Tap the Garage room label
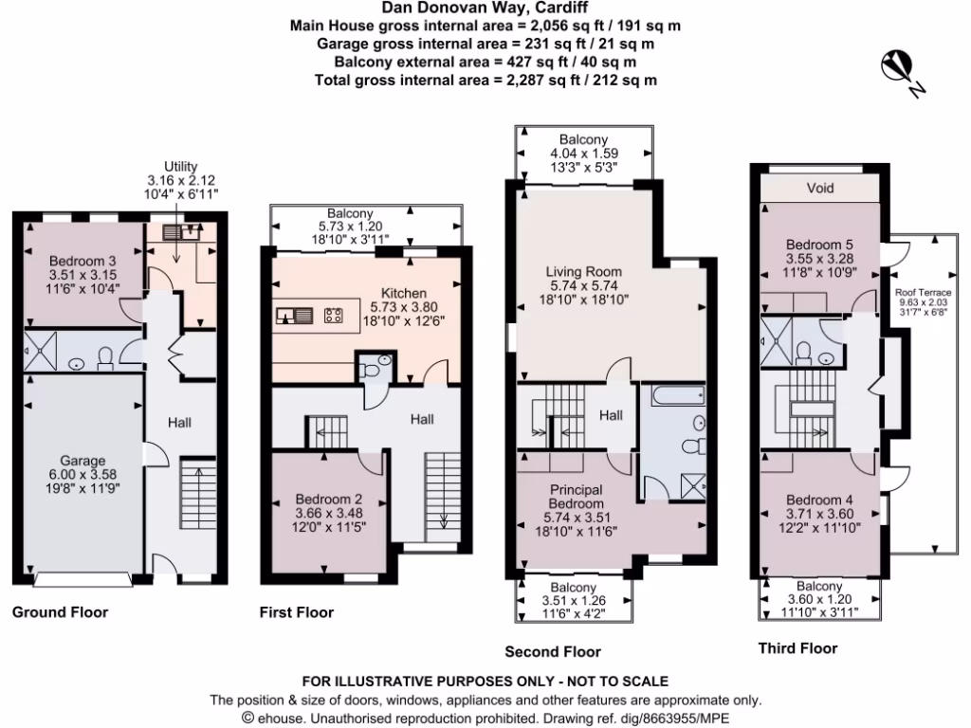point(83,462)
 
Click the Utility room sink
point(174,230)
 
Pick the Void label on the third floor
point(820,188)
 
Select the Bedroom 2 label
point(329,499)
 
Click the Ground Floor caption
point(60,612)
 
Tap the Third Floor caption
point(797,648)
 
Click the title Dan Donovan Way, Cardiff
point(485,9)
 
